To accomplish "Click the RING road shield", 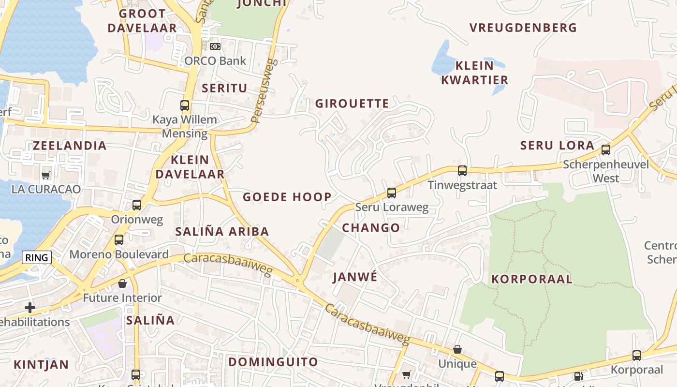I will tap(37, 257).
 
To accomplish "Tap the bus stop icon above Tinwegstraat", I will tap(462, 171).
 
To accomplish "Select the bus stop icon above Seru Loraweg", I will tap(392, 193).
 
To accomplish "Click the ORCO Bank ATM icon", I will tap(215, 46).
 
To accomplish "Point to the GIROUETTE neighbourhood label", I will tap(352, 104).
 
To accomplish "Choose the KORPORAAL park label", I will tap(532, 279).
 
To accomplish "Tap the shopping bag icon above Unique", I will tap(457, 349).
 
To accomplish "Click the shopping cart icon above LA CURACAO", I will tap(46, 175).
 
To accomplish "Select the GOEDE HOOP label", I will tap(287, 197).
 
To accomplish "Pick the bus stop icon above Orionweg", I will tap(137, 205).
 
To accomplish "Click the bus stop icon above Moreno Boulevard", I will tap(119, 240).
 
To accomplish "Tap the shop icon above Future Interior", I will tap(122, 283).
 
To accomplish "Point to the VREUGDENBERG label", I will tap(523, 28).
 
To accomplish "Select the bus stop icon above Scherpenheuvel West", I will tap(606, 150).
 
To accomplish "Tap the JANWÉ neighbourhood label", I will tap(354, 277).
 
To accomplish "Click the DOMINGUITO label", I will tap(273, 362).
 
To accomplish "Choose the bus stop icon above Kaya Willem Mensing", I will tap(185, 105).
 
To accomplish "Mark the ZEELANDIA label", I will tap(70, 146).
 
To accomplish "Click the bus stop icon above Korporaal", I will tap(637, 356).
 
